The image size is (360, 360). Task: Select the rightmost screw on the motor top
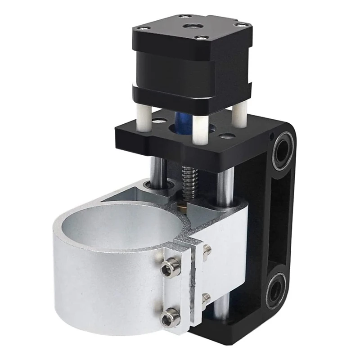coord(242,24)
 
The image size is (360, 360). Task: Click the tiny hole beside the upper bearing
coord(272,135)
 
